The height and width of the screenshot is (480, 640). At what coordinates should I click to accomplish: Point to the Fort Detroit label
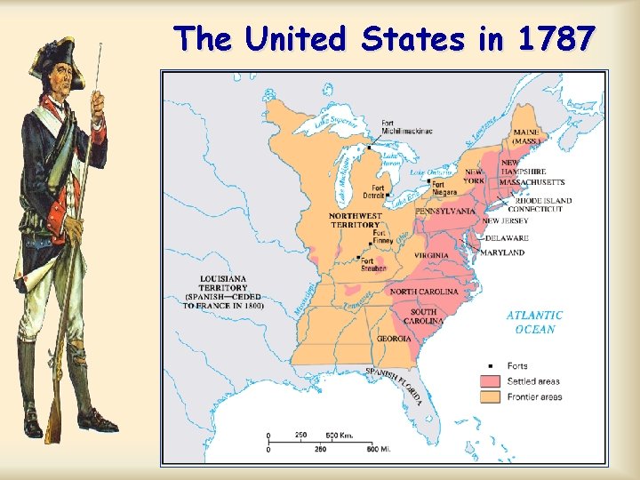point(373,191)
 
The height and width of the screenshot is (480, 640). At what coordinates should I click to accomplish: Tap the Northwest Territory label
point(356,220)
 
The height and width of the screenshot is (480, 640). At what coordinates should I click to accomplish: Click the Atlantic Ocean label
point(534,322)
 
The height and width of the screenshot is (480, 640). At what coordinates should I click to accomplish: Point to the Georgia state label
point(394,339)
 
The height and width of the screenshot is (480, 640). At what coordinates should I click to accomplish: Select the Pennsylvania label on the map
point(445,212)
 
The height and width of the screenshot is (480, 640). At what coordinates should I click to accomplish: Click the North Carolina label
point(425,292)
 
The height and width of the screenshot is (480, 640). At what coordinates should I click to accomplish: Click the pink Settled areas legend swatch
point(491,381)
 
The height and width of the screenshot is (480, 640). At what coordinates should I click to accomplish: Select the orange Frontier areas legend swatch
point(491,396)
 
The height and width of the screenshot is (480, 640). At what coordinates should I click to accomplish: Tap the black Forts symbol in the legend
point(491,366)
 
